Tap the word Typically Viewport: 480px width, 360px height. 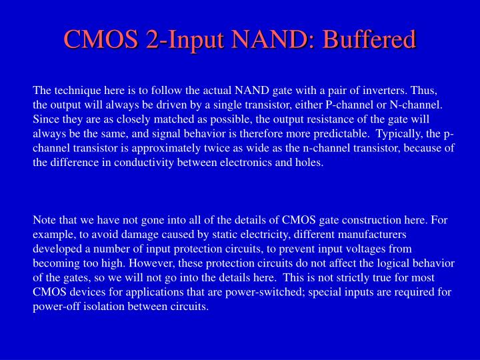(388, 134)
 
